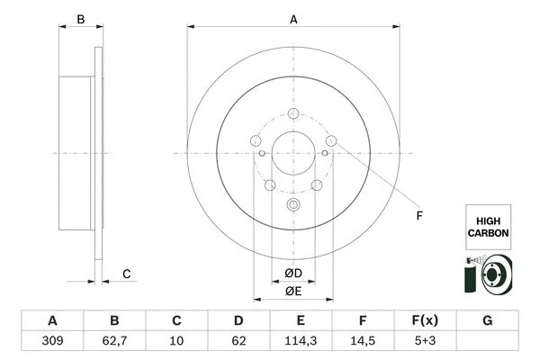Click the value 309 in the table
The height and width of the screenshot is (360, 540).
point(52,342)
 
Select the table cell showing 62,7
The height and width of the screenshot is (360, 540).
point(114,342)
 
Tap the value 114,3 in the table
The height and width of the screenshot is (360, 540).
point(301,342)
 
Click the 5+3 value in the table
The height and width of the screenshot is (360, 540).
point(426,342)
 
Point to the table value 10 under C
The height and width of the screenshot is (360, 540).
point(177,342)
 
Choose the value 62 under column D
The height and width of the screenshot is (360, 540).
point(239,342)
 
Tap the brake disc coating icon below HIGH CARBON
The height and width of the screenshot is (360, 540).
point(488,274)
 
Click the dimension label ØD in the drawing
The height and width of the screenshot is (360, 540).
point(293,273)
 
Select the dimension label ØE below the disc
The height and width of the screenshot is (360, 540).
point(293,291)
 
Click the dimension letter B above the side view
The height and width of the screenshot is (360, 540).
point(79,19)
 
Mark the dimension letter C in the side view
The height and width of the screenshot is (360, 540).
point(127,274)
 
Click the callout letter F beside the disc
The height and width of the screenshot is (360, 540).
point(418,215)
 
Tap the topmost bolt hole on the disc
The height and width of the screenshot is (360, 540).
point(293,113)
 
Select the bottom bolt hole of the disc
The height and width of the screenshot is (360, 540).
point(293,204)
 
